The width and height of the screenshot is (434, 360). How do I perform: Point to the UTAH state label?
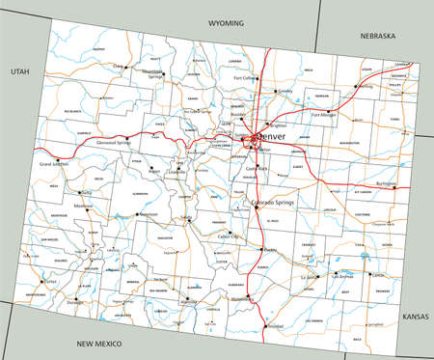19,71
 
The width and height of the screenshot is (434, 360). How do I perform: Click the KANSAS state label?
415,316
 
